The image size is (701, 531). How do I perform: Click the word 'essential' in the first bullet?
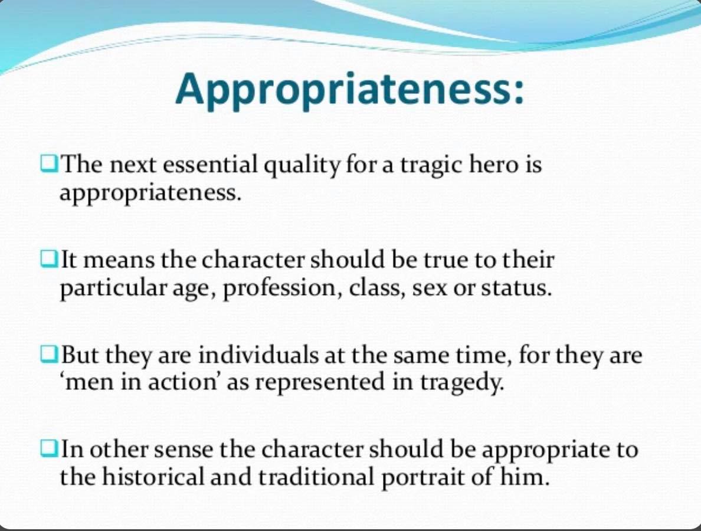click(x=209, y=165)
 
